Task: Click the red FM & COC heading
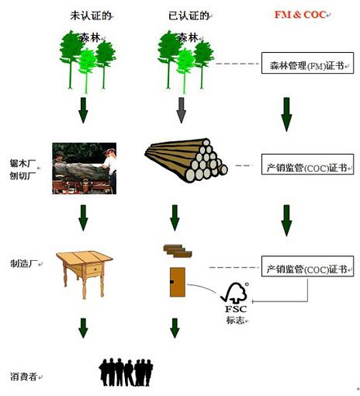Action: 300,14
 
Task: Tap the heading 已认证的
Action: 184,14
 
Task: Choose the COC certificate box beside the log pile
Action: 307,165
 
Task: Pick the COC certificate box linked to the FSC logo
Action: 307,268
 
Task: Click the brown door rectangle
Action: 177,280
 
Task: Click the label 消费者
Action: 24,377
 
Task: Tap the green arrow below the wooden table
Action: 84,326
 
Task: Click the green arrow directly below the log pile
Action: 175,217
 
